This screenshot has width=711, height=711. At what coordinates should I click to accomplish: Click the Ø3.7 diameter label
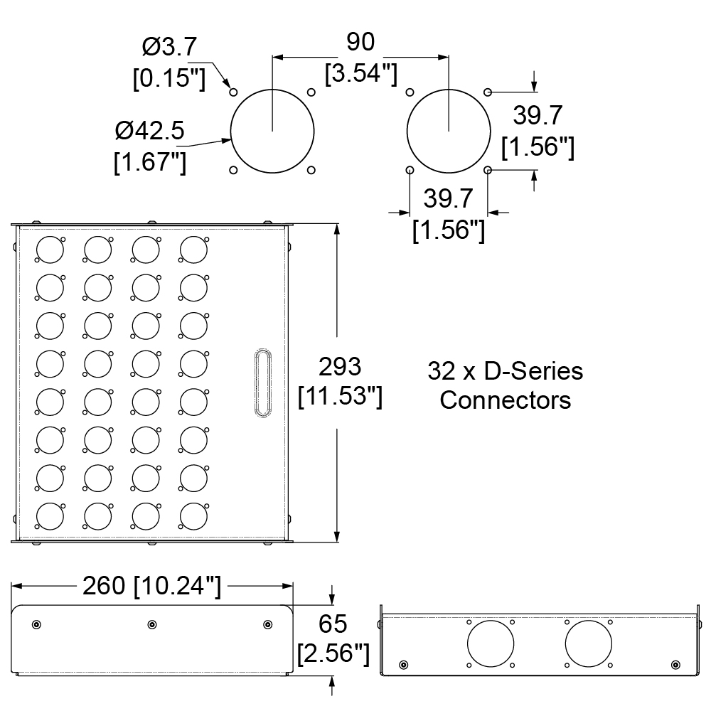coord(169,47)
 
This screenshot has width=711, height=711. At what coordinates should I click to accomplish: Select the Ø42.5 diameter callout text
coord(149,131)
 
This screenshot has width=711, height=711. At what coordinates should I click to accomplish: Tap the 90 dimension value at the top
coord(360,42)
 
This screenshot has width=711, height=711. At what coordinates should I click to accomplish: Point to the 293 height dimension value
coord(340,366)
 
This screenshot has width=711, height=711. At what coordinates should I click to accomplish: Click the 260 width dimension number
coord(104,585)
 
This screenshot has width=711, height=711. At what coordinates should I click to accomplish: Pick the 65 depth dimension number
coord(333,624)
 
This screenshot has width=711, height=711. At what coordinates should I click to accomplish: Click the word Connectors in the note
coord(505,400)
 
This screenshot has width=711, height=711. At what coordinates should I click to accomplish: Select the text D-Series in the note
coord(533,371)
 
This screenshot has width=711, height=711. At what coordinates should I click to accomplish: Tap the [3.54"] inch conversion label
coord(361,73)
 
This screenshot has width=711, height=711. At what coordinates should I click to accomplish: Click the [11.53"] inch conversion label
coord(340,396)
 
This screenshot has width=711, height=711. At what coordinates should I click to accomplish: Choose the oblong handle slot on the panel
coord(262,383)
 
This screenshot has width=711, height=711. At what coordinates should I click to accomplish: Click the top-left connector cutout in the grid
coord(50,250)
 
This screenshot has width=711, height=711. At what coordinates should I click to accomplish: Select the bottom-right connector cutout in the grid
coord(193,516)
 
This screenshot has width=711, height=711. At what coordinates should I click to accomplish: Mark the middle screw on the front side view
coord(152,625)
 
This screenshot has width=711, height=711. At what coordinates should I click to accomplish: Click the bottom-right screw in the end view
coord(675,665)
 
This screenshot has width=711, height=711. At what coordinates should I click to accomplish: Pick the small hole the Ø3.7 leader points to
coord(233,92)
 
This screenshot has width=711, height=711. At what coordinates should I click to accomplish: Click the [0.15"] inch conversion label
coord(169,78)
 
